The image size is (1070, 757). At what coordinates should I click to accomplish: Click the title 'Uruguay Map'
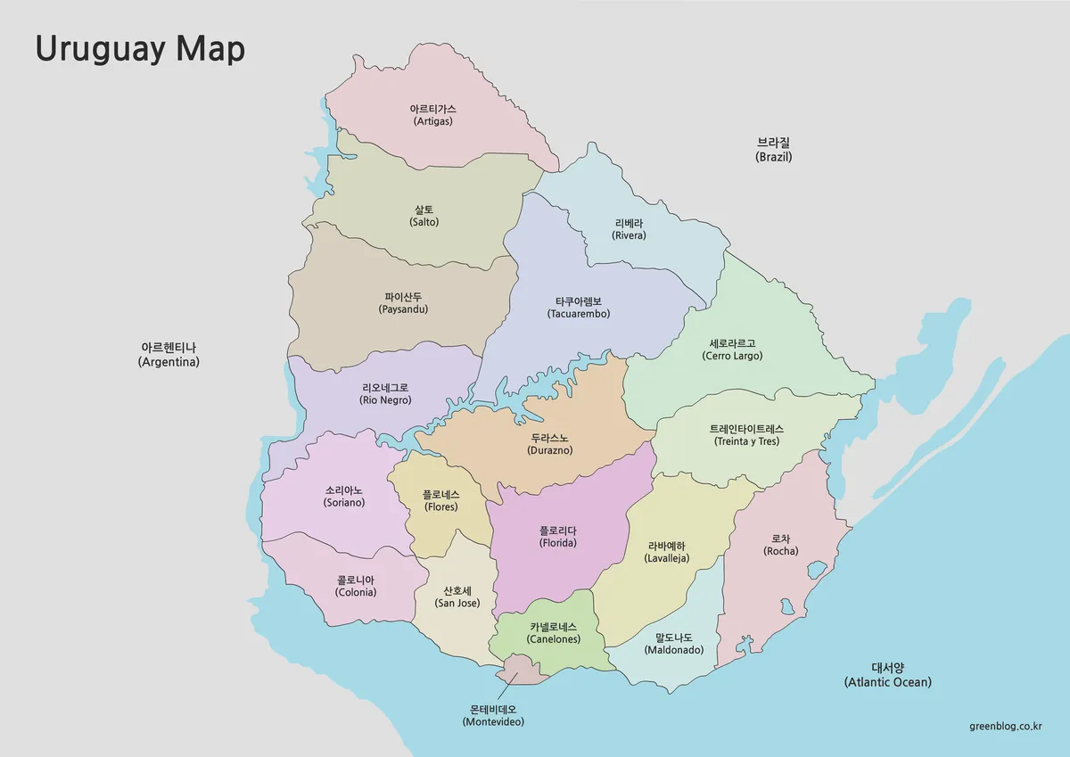[140, 49]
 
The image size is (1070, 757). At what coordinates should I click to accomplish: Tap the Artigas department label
[432, 115]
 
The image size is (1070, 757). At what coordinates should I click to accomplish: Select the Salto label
[424, 215]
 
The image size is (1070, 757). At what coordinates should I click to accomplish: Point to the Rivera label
[629, 229]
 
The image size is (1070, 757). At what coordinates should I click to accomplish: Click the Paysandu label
[403, 303]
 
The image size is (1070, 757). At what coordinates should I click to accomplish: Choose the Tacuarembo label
[579, 308]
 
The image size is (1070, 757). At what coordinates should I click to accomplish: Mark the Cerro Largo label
[732, 350]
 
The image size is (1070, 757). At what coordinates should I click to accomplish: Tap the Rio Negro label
[385, 394]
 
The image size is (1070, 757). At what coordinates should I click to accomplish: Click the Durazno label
[549, 444]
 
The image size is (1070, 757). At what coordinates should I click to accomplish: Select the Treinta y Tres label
[746, 435]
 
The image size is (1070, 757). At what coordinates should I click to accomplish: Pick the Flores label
[441, 500]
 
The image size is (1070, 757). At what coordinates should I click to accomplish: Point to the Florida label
[558, 536]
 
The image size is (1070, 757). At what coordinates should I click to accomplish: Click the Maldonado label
[673, 644]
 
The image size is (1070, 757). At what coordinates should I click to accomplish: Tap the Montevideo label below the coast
[493, 715]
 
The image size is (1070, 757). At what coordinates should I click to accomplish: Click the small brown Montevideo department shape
[522, 671]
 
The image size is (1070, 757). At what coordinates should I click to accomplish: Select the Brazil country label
[773, 150]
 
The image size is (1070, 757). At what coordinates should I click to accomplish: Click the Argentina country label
[169, 355]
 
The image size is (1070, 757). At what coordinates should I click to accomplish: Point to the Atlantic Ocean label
[887, 675]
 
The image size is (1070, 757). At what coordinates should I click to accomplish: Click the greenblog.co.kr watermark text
[1005, 726]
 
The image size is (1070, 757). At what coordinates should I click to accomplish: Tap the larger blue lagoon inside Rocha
[816, 570]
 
